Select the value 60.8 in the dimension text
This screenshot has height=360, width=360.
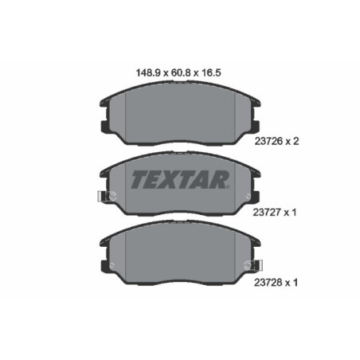179,71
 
